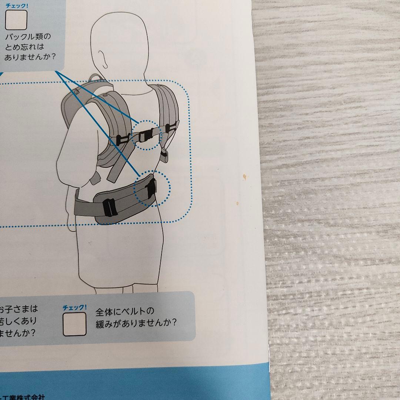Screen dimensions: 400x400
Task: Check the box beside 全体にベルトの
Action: pos(74,324)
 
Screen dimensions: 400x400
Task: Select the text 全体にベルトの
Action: pos(125,311)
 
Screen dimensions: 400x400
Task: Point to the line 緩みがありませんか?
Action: pos(136,322)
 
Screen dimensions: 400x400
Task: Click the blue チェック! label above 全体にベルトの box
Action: pos(74,307)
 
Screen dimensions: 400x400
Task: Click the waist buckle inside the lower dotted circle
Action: pos(152,189)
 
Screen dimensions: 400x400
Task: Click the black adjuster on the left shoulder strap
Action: pos(122,140)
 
